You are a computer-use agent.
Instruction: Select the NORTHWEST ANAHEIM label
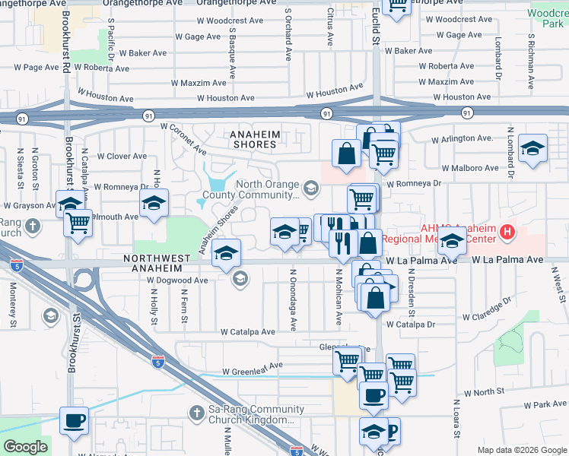click(x=157, y=259)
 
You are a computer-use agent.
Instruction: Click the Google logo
click(x=25, y=447)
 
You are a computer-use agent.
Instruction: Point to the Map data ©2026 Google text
click(x=521, y=450)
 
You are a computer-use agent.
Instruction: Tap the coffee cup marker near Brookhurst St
click(x=74, y=420)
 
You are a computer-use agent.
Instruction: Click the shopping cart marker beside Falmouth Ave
click(x=78, y=223)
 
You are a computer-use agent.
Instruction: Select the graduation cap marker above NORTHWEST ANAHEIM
click(x=226, y=252)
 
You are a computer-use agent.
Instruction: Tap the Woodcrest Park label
click(x=548, y=19)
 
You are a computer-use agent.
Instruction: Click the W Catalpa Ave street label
click(x=248, y=332)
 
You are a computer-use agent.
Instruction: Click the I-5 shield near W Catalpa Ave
click(x=157, y=361)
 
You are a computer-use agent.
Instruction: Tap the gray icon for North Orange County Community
click(x=310, y=186)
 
